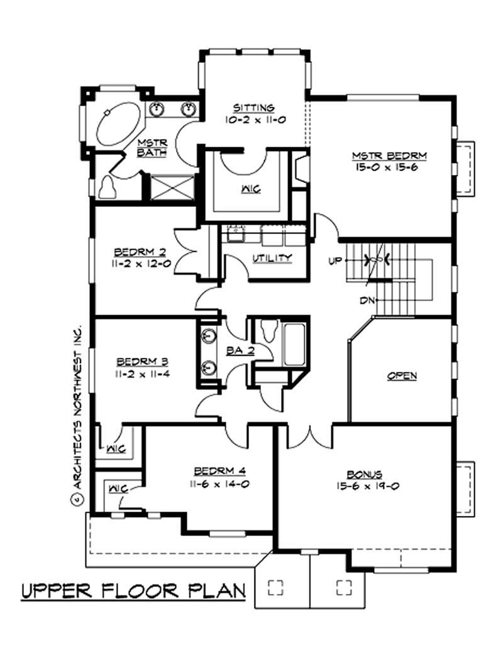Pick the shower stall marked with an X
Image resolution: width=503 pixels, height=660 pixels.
click(x=169, y=187)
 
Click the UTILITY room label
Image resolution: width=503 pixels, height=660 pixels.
click(x=272, y=257)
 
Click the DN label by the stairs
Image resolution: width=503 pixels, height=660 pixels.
click(x=367, y=300)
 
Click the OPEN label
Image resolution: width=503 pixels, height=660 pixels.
click(x=402, y=376)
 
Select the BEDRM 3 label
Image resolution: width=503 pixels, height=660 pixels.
click(x=141, y=362)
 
